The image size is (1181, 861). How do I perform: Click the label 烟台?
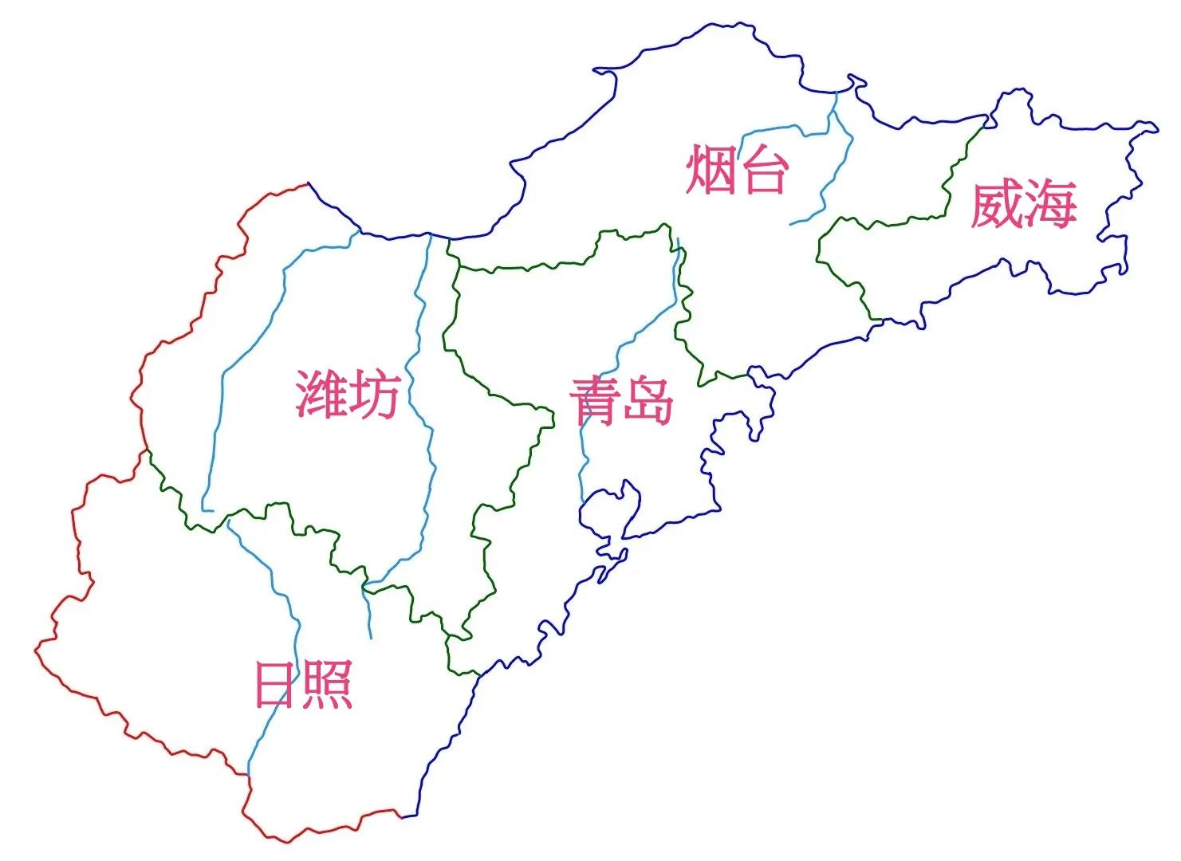point(737,169)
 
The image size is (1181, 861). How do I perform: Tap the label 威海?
point(1023,204)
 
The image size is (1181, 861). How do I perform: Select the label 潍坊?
point(347,394)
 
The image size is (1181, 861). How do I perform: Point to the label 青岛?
point(621,399)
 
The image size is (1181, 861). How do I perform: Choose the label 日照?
point(303,685)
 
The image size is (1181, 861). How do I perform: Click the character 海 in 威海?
point(1050,204)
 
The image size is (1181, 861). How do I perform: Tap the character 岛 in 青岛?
point(648,399)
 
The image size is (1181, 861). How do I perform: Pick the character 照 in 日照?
point(328,685)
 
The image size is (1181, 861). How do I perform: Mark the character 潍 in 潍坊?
point(321,394)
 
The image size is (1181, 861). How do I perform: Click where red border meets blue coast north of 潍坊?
point(309,184)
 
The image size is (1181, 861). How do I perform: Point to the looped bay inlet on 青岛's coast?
point(614,510)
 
